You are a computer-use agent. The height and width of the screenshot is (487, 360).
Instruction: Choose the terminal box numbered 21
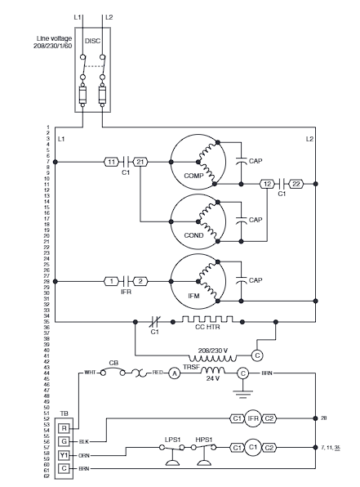pos(140,162)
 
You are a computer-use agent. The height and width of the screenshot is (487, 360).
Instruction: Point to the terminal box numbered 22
pos(296,185)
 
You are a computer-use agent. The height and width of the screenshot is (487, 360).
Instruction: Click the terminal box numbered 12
pos(268,185)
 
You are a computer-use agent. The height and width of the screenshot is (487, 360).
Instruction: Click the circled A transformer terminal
pos(174,373)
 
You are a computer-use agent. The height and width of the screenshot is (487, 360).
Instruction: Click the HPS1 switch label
pos(204,440)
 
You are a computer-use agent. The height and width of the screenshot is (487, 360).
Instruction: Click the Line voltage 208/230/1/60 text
pos(57,42)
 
